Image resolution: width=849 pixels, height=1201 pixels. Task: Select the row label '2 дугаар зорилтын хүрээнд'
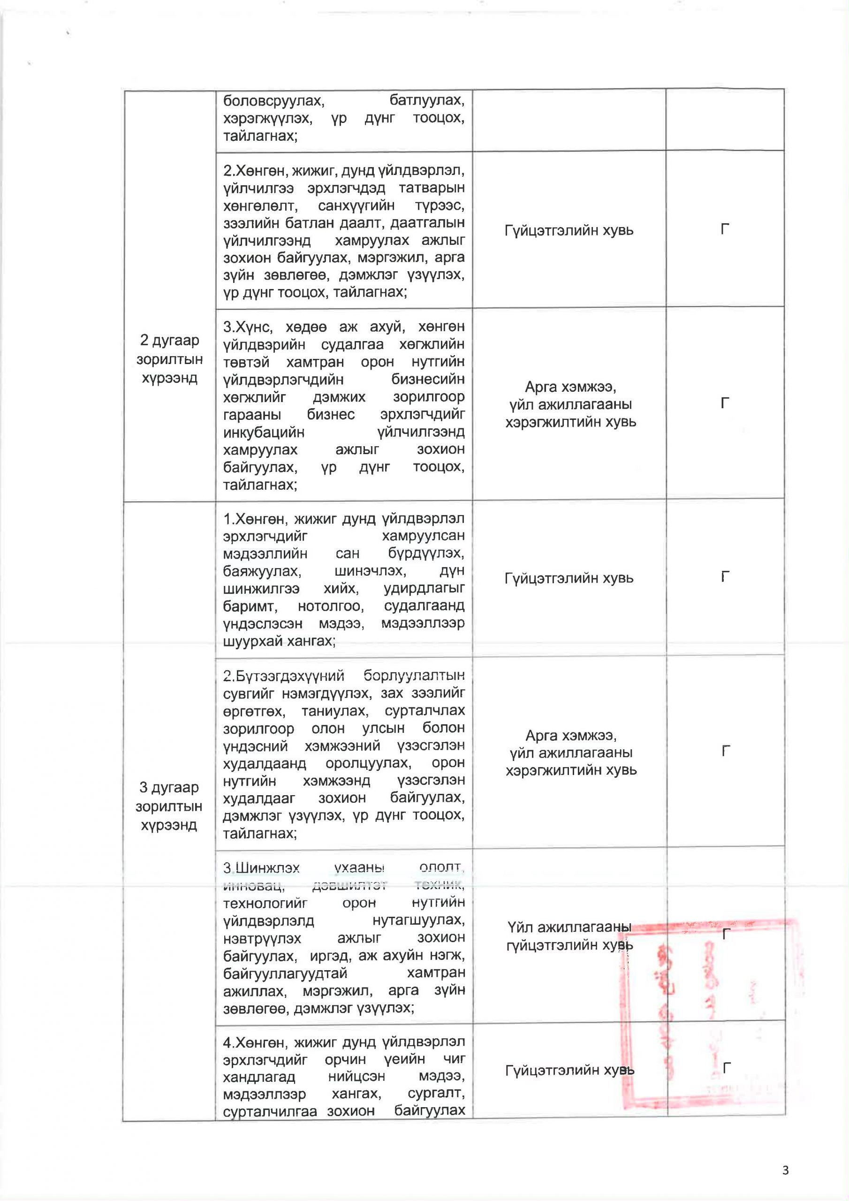click(x=169, y=359)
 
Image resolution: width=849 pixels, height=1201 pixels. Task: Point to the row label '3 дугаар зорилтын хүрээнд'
click(x=169, y=806)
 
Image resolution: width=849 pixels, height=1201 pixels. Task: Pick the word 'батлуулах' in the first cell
click(x=426, y=100)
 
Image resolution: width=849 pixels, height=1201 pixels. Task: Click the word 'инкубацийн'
click(x=264, y=432)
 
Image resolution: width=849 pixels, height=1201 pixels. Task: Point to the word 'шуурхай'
click(x=249, y=640)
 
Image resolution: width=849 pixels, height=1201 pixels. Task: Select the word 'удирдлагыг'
click(x=424, y=588)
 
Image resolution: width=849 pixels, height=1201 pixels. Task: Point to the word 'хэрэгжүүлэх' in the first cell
click(x=268, y=118)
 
